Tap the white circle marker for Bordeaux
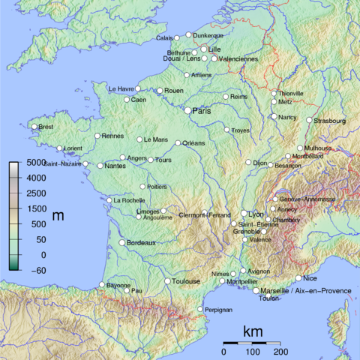(122, 243)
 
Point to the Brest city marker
(34, 127)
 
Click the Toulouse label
(187, 281)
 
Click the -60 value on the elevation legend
(34, 270)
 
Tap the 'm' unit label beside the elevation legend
(58, 216)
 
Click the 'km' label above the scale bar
(253, 331)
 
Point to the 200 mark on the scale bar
(280, 351)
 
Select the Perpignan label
(217, 309)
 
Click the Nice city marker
(298, 278)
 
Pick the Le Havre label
(121, 88)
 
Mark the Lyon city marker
(244, 214)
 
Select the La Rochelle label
(128, 200)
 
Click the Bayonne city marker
(102, 284)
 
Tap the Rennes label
(112, 136)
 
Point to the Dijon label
(259, 162)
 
